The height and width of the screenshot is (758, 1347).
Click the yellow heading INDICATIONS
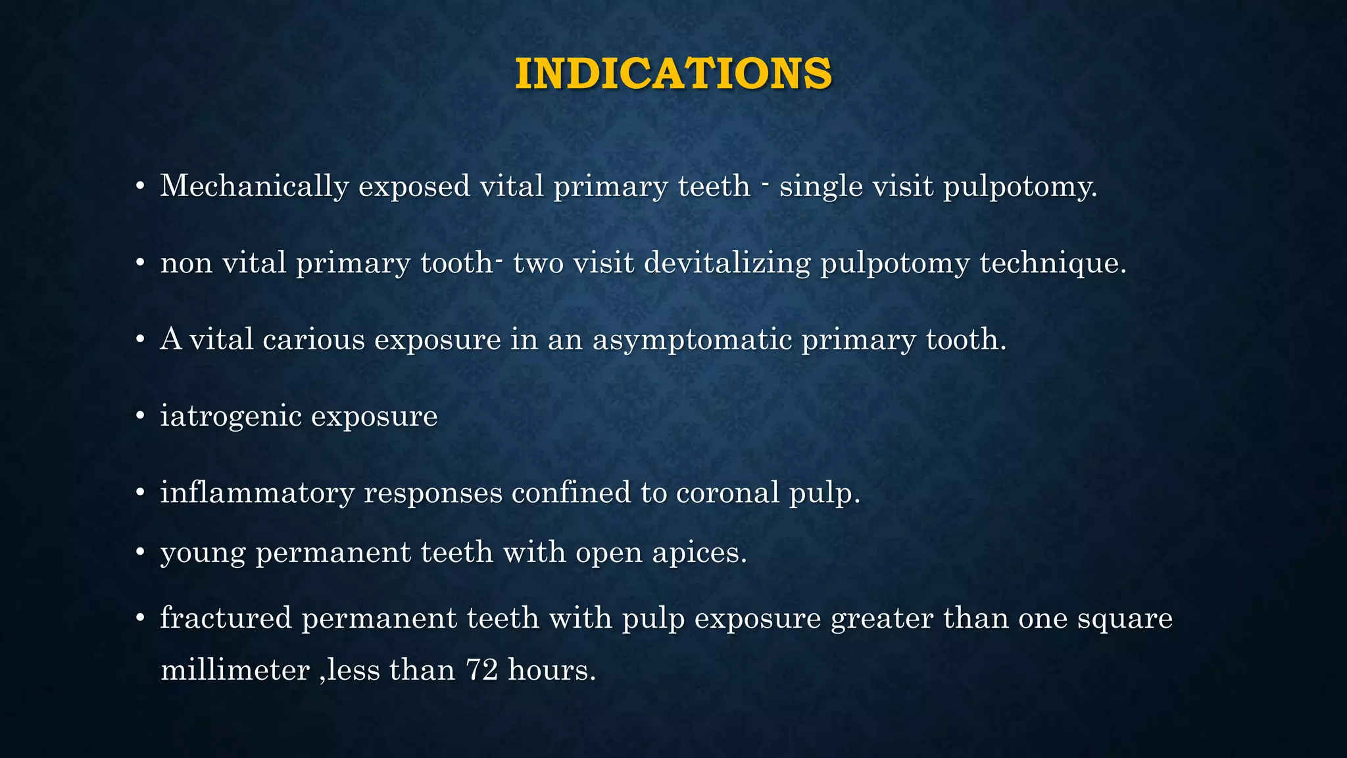coord(673,73)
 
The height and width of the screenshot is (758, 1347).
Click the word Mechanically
coord(254,186)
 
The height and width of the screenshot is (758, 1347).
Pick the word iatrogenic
coord(230,417)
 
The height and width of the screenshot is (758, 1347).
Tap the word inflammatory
coord(257,493)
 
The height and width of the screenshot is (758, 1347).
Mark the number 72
coord(481,670)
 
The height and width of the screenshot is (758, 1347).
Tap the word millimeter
coord(235,670)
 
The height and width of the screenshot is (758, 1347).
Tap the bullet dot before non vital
coord(139,264)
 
